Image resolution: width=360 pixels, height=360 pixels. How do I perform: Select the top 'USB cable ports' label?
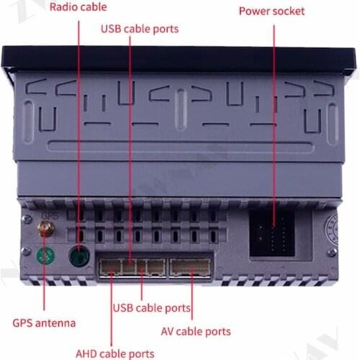(140, 29)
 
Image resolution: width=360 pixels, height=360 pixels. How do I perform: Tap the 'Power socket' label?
(271, 12)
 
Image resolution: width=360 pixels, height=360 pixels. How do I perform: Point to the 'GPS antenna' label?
(44, 323)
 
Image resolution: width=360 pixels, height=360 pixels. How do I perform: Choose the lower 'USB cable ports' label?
(152, 308)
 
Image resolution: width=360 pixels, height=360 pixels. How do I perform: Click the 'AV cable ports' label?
(195, 331)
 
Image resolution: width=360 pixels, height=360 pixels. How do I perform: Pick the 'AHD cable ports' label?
(114, 353)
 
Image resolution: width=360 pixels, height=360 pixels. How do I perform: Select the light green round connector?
(45, 256)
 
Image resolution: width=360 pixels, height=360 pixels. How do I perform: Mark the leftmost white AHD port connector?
(110, 268)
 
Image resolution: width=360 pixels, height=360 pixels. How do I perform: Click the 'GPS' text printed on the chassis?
(49, 214)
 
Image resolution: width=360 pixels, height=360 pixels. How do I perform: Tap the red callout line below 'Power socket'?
(274, 108)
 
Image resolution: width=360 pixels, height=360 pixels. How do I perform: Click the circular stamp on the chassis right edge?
(333, 224)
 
